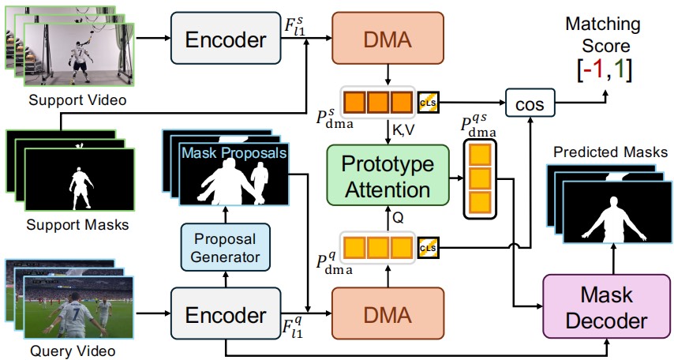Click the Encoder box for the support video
tap(226, 38)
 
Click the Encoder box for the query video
tap(226, 313)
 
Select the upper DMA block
tap(388, 38)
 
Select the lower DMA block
tap(388, 313)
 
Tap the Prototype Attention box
tap(388, 175)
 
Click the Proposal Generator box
tap(225, 247)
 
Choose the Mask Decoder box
tap(607, 306)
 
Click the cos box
tap(530, 103)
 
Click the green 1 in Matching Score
tap(619, 70)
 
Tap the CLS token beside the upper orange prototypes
tap(428, 103)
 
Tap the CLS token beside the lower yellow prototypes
tap(428, 248)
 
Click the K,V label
tap(403, 129)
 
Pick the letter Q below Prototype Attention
tap(398, 218)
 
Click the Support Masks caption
tap(78, 224)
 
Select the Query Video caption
tap(73, 351)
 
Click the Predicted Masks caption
tap(610, 152)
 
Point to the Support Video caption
tap(78, 99)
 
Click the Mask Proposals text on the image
tap(234, 152)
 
